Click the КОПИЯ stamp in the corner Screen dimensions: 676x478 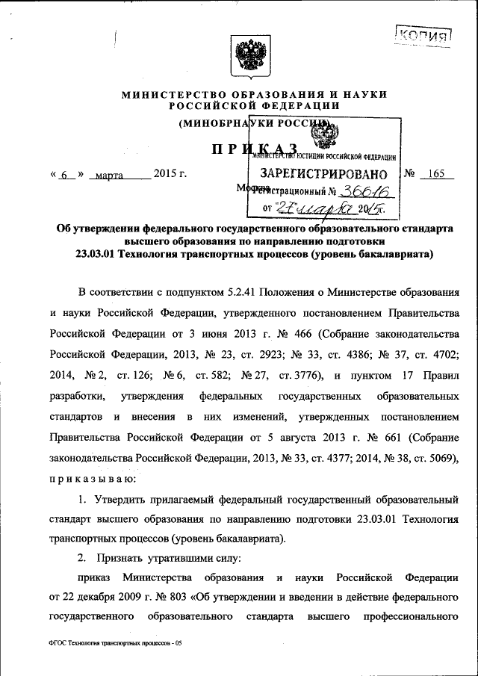click(x=423, y=34)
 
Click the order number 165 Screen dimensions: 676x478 click(x=432, y=174)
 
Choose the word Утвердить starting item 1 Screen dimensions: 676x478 click(x=122, y=497)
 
